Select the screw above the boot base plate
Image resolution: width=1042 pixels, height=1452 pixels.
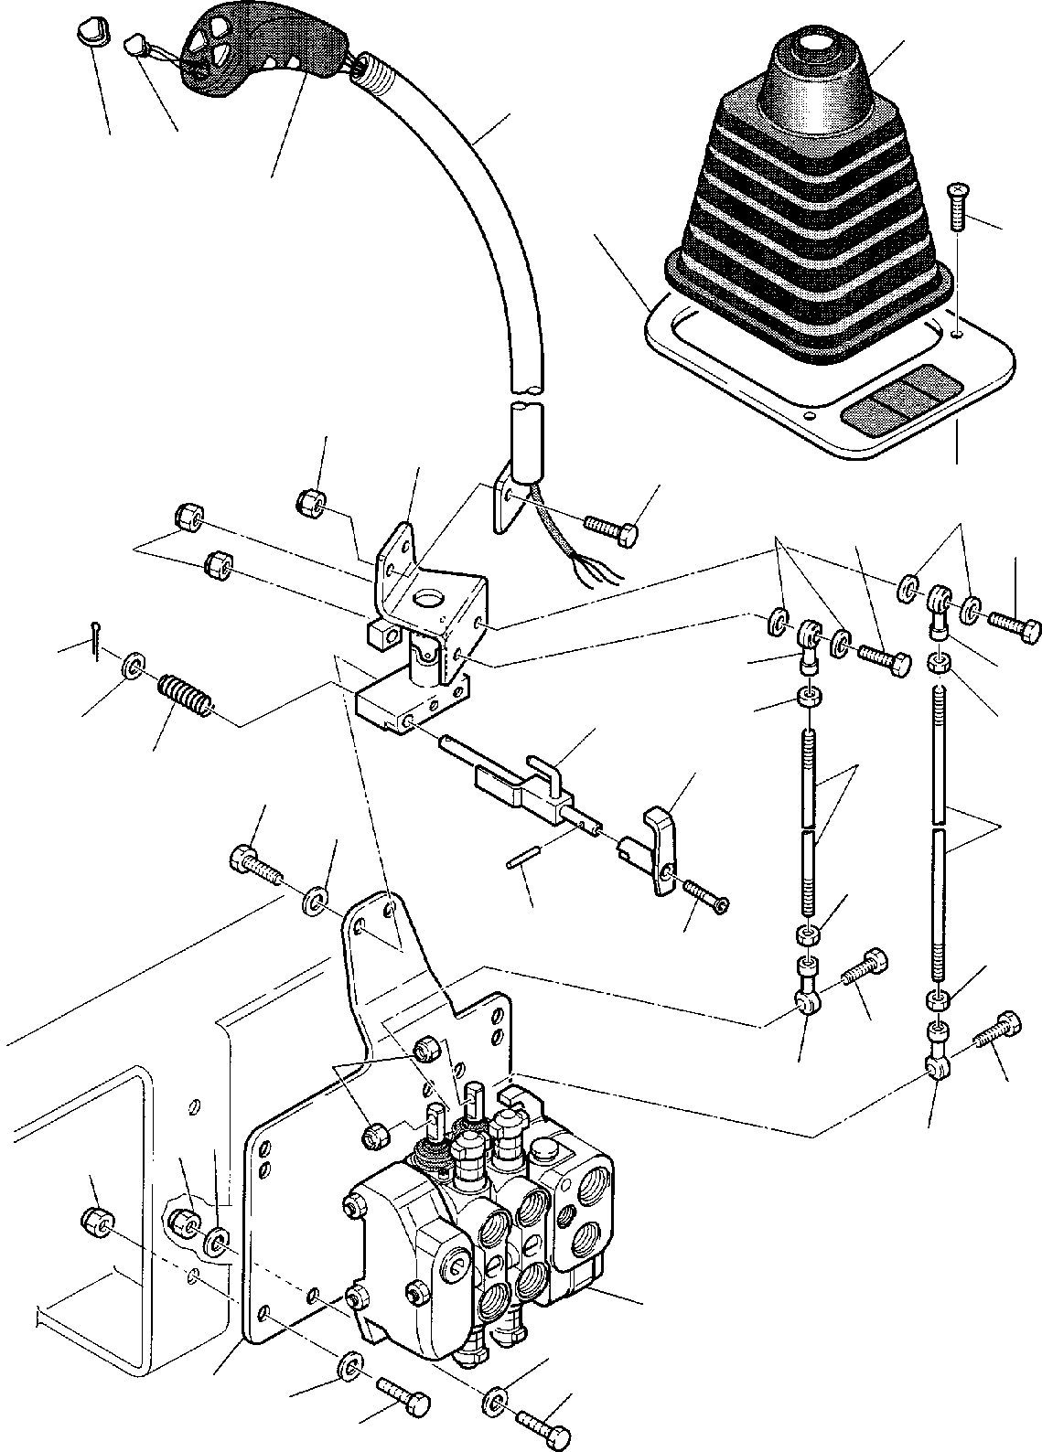[x=957, y=207]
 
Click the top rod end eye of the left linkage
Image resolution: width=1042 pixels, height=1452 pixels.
[x=808, y=634]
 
